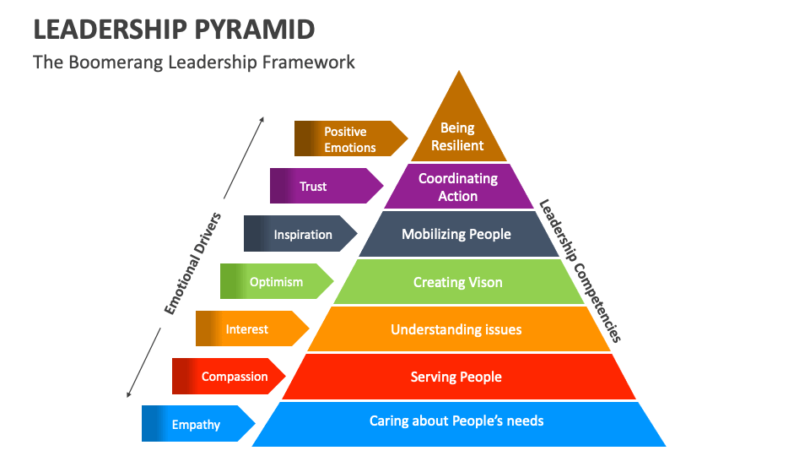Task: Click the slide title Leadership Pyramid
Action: click(174, 29)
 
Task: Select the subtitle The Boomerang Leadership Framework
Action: click(194, 62)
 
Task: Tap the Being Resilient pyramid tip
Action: click(458, 135)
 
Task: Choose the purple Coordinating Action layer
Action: click(458, 187)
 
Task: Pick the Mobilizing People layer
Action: click(456, 234)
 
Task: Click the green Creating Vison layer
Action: click(458, 282)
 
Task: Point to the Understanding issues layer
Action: click(456, 329)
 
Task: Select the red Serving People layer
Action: click(456, 377)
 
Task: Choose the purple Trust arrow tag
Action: click(324, 187)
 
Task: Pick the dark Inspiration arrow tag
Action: click(300, 235)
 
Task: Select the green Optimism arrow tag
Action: click(275, 282)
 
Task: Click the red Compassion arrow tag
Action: click(228, 377)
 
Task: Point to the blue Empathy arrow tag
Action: click(197, 425)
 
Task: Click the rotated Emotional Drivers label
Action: click(193, 263)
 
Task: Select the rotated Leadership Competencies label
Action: click(580, 271)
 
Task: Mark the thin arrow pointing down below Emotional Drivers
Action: click(143, 363)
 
